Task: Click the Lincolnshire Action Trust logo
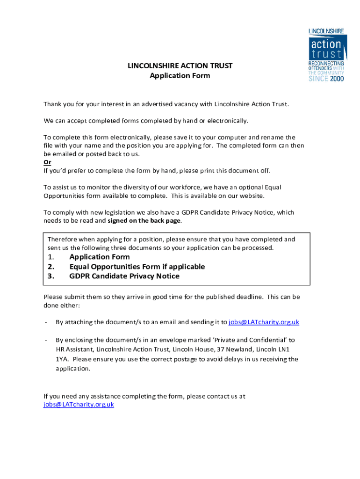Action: pos(326,55)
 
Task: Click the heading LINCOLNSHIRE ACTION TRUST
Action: pos(180,66)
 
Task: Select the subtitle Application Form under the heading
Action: pos(180,76)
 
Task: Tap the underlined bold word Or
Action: pos(47,162)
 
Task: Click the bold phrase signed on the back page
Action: pos(144,221)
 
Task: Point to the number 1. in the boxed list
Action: pos(51,257)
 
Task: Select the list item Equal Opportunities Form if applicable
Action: pos(137,267)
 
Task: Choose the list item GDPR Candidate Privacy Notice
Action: pos(124,276)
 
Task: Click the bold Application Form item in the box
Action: pos(100,257)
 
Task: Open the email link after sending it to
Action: pos(264,322)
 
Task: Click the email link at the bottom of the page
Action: pos(79,405)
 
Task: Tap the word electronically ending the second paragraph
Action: pos(226,121)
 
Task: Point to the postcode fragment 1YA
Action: pos(62,359)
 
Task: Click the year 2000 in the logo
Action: pos(337,79)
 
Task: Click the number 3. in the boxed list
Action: pos(51,276)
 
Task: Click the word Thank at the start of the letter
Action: pos(53,104)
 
